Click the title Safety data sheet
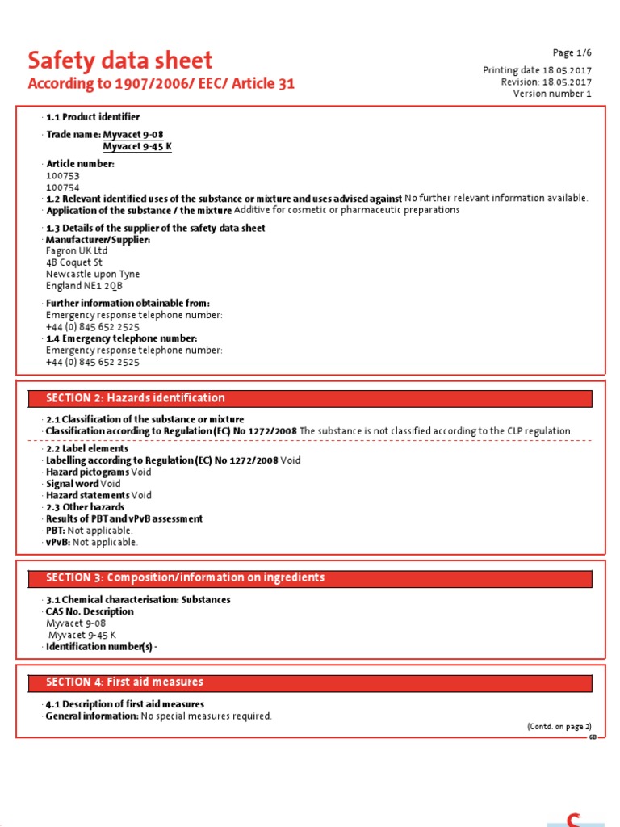coord(120,61)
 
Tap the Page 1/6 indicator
coord(572,53)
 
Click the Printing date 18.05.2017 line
coord(537,70)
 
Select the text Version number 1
coord(552,94)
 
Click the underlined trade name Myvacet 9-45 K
coord(137,146)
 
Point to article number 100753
coord(63,175)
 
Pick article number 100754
coord(63,187)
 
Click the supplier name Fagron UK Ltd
coord(77,251)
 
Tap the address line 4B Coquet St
coord(74,262)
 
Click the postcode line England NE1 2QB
coord(84,286)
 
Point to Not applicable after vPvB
coord(105,543)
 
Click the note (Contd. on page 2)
coord(559,727)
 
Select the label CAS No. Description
coord(90,611)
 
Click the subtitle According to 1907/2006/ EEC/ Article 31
coord(161,84)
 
